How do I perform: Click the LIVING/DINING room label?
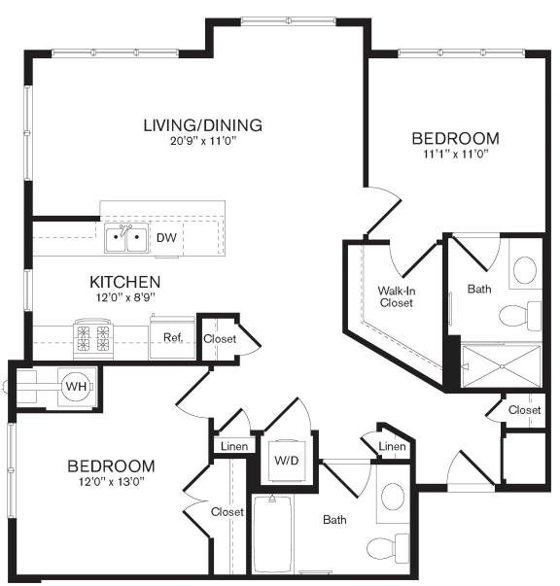click(x=202, y=125)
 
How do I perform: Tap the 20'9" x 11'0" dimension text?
click(x=202, y=141)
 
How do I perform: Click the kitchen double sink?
click(x=126, y=236)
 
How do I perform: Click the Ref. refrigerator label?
click(x=173, y=337)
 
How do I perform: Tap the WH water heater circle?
click(x=76, y=386)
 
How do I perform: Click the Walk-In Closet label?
click(x=396, y=296)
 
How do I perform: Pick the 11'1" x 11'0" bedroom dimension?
click(x=455, y=154)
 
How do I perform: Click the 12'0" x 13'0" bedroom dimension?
click(x=110, y=482)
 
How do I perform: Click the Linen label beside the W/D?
click(x=234, y=447)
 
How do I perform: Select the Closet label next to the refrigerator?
click(x=219, y=338)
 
